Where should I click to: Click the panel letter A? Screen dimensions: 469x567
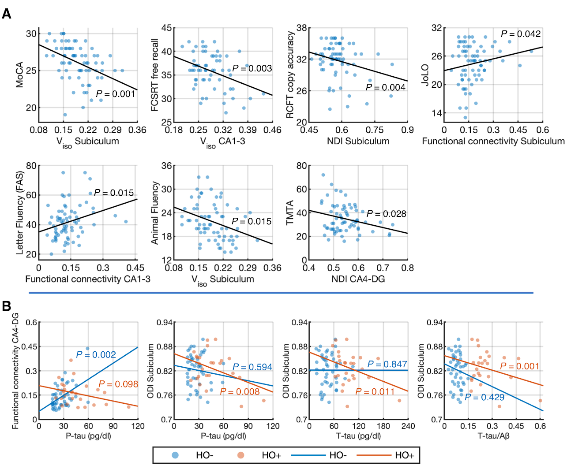[6, 14]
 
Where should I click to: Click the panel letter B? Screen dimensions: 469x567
[6, 306]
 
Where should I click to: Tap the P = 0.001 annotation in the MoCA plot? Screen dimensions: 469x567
[116, 94]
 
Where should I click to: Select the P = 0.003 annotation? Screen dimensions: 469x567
[252, 68]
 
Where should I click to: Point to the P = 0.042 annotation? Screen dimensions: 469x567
[521, 34]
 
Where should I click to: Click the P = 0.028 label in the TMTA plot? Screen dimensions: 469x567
[386, 214]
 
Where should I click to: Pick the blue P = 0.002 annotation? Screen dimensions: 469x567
[96, 355]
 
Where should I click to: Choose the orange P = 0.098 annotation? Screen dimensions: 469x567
[118, 384]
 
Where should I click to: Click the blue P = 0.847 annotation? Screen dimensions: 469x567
[387, 364]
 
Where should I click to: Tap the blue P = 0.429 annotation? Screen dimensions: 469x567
[484, 397]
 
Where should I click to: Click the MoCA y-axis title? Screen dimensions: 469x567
[19, 75]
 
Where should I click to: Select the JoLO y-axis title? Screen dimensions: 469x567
[425, 75]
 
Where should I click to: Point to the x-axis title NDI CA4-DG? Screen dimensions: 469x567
[358, 279]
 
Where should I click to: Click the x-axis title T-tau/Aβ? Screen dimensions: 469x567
[493, 436]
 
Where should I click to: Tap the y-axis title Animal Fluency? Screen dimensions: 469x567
[154, 213]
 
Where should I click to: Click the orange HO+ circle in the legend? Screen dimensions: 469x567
[240, 455]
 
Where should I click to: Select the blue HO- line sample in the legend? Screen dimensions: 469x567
[308, 455]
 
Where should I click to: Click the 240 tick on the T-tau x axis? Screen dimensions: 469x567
[408, 426]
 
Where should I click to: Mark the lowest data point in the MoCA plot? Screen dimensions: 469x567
[65, 115]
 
